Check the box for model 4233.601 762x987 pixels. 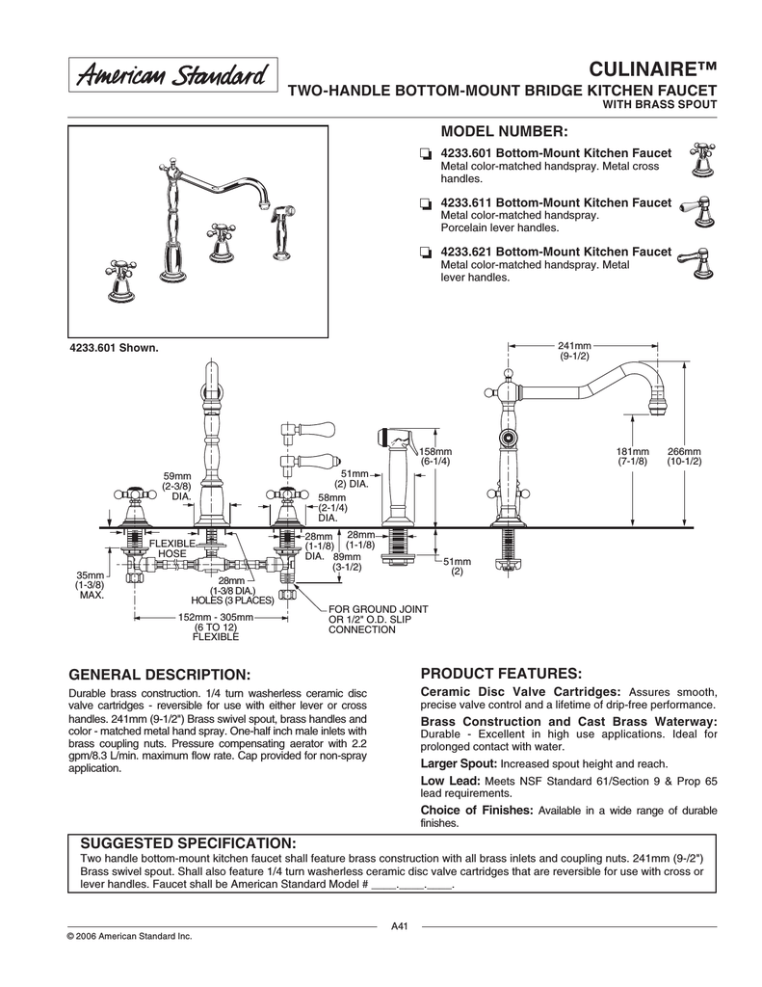[425, 154]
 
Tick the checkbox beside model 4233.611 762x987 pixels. [425, 204]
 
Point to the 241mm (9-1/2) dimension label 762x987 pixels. [574, 351]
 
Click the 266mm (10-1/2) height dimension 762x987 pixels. [684, 458]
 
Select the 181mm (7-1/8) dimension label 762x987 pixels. [633, 458]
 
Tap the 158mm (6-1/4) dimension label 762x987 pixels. [435, 458]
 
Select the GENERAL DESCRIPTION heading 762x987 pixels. [160, 672]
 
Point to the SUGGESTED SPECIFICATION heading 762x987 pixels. [188, 842]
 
